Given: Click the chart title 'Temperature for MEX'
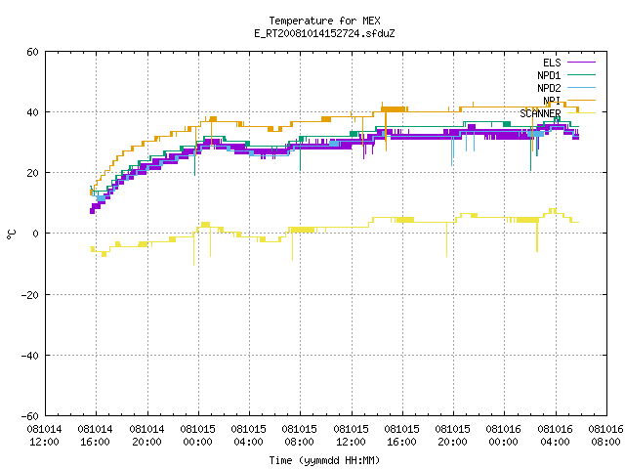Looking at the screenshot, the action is click(x=324, y=21).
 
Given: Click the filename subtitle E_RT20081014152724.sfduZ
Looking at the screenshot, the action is click(x=324, y=33).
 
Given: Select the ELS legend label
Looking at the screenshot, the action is click(x=552, y=63).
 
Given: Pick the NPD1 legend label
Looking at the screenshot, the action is click(x=549, y=75).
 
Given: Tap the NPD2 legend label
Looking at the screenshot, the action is click(x=549, y=88).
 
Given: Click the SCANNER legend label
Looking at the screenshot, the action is click(x=540, y=113).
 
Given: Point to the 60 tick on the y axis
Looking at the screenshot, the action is click(x=32, y=52).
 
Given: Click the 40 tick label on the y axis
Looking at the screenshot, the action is click(x=32, y=112).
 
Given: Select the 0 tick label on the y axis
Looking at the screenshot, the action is click(x=36, y=234).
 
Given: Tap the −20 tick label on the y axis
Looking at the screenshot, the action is click(x=30, y=295).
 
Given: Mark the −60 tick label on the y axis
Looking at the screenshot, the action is click(x=30, y=416).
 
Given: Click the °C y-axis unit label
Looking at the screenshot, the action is click(x=11, y=234).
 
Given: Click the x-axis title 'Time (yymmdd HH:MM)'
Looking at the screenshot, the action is click(x=324, y=460).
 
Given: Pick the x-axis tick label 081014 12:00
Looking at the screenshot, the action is click(x=45, y=436).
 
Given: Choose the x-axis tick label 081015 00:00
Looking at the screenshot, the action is click(x=197, y=436).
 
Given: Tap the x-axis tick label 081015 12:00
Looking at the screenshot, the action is click(x=352, y=436).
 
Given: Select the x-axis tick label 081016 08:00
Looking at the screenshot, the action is click(x=605, y=436).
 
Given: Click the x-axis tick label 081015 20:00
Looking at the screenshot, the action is click(x=453, y=436).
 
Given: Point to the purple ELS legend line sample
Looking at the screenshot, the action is click(x=582, y=63).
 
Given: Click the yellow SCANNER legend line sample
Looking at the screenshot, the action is click(x=582, y=113).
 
